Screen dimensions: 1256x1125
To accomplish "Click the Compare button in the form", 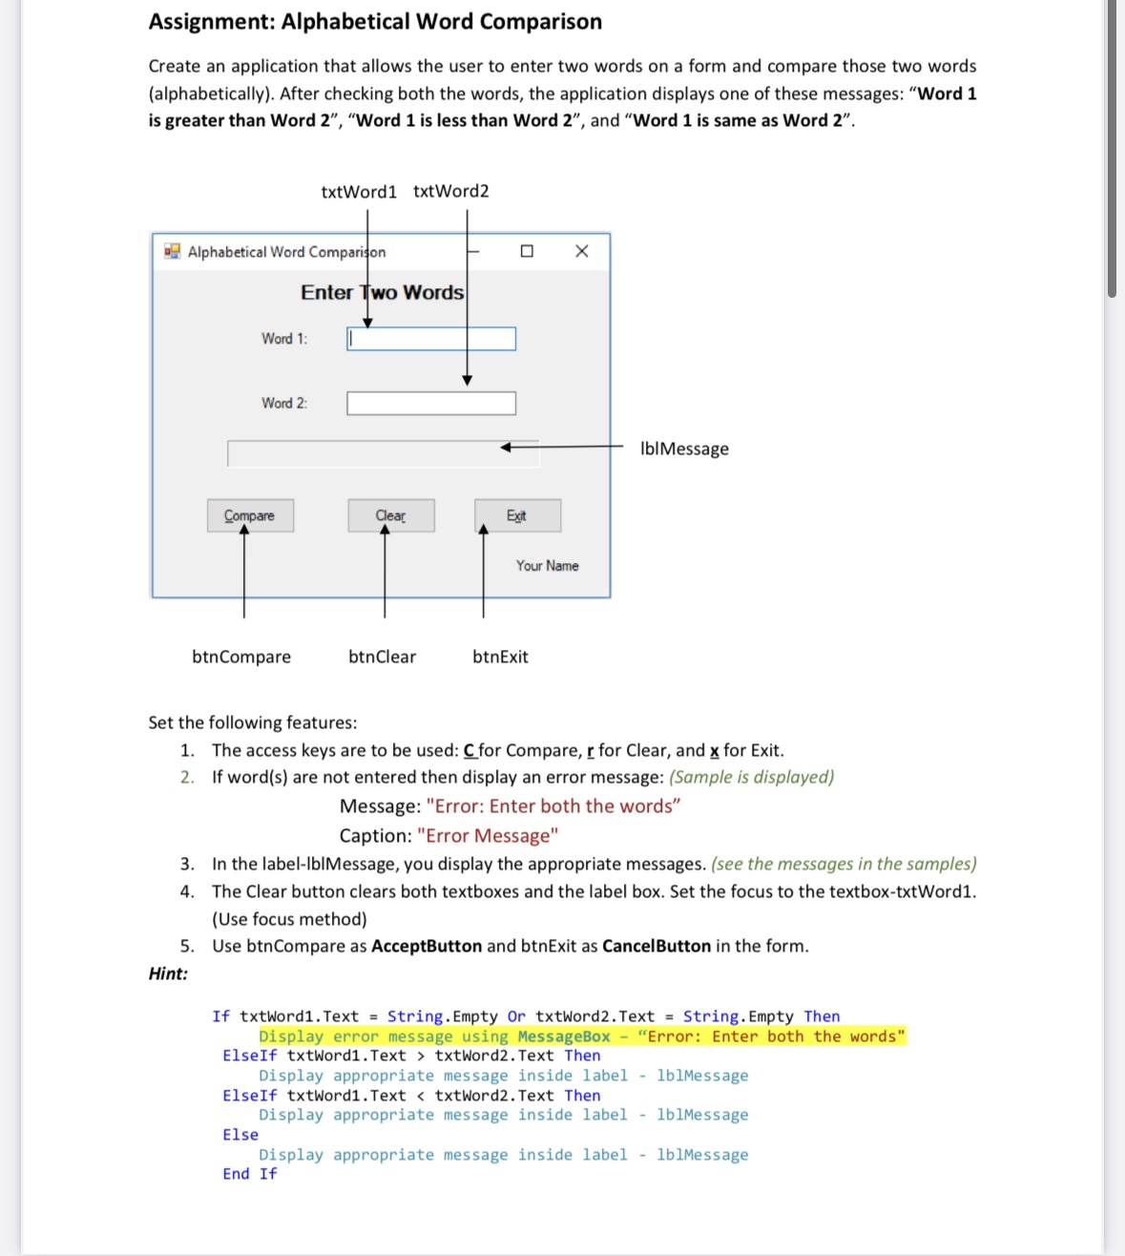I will pos(250,515).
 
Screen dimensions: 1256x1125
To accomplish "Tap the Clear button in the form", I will pos(390,515).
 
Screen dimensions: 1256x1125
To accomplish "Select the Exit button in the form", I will pos(517,515).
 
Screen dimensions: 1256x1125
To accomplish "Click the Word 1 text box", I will pos(431,339).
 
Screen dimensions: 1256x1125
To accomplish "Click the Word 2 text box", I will pos(431,404).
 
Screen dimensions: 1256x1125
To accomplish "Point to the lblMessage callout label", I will pos(684,449).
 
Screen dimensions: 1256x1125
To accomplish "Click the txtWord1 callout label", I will pos(359,192).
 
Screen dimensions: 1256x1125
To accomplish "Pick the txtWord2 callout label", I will pos(450,191).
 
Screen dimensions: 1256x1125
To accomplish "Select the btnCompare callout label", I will pos(241,657).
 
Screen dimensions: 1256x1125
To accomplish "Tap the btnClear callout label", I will pos(382,657).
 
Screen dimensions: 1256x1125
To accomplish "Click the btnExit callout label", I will pos(500,657).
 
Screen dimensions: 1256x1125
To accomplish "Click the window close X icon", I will pos(582,251).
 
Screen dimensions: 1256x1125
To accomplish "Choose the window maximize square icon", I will pos(527,251).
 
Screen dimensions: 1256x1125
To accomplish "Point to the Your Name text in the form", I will pos(547,566).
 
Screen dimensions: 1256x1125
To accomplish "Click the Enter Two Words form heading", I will pos(382,293).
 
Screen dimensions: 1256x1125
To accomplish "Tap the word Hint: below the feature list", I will pos(168,973).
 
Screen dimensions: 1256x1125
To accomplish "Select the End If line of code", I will pos(250,1174).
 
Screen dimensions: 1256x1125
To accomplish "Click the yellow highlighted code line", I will pos(582,1036).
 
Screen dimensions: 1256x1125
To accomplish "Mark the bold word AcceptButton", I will pos(427,946).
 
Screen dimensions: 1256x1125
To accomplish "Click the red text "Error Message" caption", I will pos(488,836).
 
